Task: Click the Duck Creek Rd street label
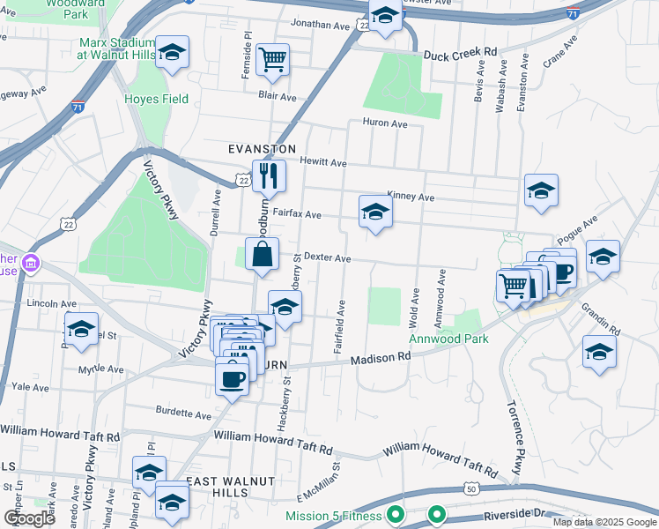click(x=460, y=54)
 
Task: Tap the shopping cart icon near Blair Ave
click(x=273, y=60)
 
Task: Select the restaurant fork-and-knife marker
click(x=269, y=175)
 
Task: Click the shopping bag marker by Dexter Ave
click(x=263, y=255)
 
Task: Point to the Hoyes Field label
click(x=157, y=99)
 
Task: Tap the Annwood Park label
click(x=448, y=338)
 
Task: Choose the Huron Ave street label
click(x=384, y=124)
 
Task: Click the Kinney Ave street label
click(x=411, y=197)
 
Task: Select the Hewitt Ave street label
click(x=323, y=163)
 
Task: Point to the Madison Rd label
click(x=381, y=358)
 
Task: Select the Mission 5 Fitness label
click(x=334, y=516)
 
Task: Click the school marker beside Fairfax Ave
click(x=375, y=212)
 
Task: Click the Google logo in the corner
click(x=29, y=518)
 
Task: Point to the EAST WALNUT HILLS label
click(x=231, y=487)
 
